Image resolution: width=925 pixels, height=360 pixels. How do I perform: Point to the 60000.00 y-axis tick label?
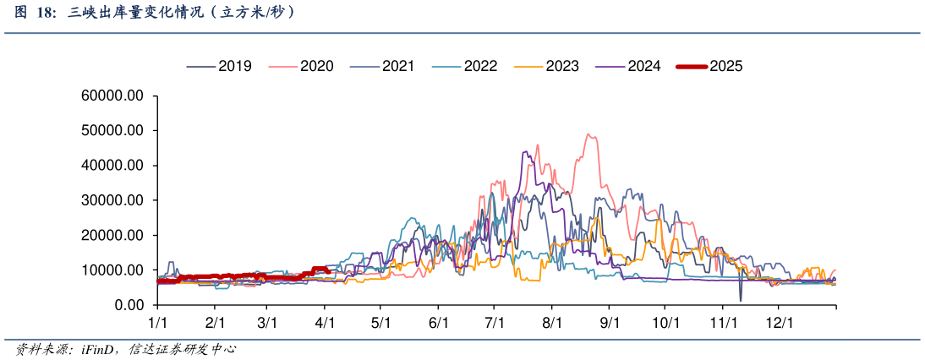pos(112,96)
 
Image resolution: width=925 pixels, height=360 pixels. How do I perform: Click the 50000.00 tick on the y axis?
pos(112,131)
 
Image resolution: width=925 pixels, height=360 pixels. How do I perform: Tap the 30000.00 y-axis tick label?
pos(112,200)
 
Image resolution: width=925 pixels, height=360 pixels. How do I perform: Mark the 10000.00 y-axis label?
pos(112,270)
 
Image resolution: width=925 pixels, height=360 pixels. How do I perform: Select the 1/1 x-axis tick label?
pos(157,323)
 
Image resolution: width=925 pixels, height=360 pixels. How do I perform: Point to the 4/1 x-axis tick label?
pos(326,323)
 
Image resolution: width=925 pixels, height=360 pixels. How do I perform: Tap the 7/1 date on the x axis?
pos(495,323)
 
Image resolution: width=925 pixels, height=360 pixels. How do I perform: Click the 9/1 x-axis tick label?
pos(610,323)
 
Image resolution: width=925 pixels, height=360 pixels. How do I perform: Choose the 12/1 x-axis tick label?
pos(780,323)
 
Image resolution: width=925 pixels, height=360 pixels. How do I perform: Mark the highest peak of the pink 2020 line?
pos(589,134)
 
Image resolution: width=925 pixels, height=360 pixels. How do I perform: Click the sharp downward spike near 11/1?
pos(741,300)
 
